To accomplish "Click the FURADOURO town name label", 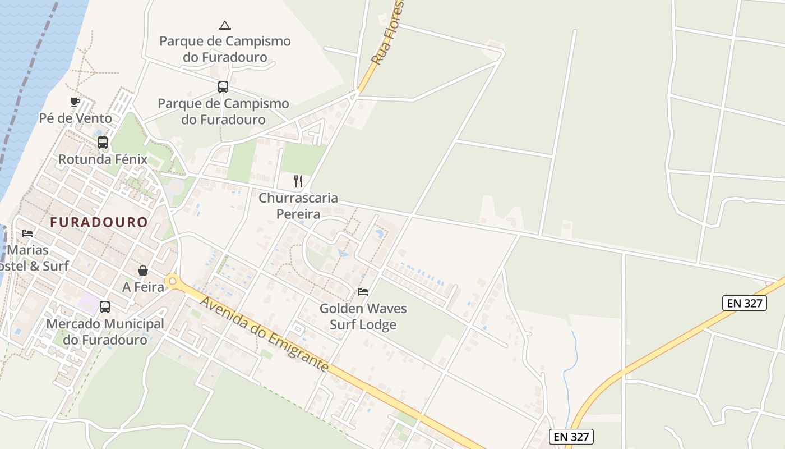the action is click(x=99, y=222).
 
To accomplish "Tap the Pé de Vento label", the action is click(x=76, y=118).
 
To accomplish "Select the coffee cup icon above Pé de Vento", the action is click(x=75, y=102).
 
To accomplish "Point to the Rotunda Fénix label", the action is click(x=103, y=159).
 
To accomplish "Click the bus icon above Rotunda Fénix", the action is click(x=102, y=143).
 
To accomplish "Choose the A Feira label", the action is click(x=144, y=287).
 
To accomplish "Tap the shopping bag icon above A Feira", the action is click(x=143, y=271).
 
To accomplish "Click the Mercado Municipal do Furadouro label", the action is click(x=105, y=332).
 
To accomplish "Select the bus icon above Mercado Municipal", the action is click(x=105, y=307).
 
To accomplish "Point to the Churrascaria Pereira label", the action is click(x=298, y=206).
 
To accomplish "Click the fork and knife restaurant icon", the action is click(x=298, y=181).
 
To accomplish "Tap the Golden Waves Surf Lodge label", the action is click(x=363, y=317).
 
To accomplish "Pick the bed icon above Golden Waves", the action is click(x=363, y=292).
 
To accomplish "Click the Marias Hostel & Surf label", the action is click(x=34, y=258).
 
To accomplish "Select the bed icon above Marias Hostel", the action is click(x=27, y=233).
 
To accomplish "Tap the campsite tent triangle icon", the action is click(x=224, y=25).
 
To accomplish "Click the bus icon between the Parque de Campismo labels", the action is click(x=223, y=87).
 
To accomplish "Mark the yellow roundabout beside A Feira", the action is click(x=172, y=281).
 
